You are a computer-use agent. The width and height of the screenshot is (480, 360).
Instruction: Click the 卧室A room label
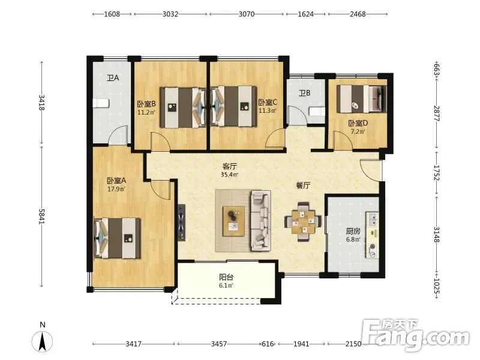pyautogui.click(x=116, y=181)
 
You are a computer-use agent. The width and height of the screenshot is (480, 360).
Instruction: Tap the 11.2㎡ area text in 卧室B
pyautogui.click(x=146, y=112)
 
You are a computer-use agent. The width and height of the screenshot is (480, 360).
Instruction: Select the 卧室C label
pyautogui.click(x=268, y=102)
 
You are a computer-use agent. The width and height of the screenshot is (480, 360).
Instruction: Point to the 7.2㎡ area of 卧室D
pyautogui.click(x=358, y=132)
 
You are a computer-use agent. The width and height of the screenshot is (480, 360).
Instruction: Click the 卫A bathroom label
pyautogui.click(x=113, y=78)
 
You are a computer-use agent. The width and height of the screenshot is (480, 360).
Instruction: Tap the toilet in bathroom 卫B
pyautogui.click(x=317, y=111)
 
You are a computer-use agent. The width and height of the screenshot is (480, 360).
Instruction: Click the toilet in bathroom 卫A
pyautogui.click(x=101, y=103)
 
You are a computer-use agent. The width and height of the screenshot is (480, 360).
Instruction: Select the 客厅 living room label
pyautogui.click(x=230, y=167)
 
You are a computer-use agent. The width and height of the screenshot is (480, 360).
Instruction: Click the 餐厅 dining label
pyautogui.click(x=303, y=185)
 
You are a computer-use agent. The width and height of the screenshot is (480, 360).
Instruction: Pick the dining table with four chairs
pyautogui.click(x=303, y=221)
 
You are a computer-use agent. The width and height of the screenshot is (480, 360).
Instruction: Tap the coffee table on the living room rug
pyautogui.click(x=233, y=221)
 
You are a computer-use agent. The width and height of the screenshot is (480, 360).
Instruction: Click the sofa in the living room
pyautogui.click(x=261, y=220)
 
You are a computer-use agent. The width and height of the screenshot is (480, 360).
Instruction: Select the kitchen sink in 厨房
pyautogui.click(x=373, y=219)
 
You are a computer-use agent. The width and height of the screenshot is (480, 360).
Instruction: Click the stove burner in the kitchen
pyautogui.click(x=373, y=250)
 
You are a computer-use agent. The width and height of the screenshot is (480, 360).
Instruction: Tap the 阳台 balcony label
pyautogui.click(x=227, y=277)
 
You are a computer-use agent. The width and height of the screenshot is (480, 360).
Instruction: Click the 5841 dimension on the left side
pyautogui.click(x=41, y=217)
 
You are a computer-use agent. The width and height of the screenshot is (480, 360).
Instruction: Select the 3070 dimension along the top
pyautogui.click(x=247, y=14)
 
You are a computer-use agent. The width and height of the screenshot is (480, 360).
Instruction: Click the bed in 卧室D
pyautogui.click(x=362, y=99)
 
